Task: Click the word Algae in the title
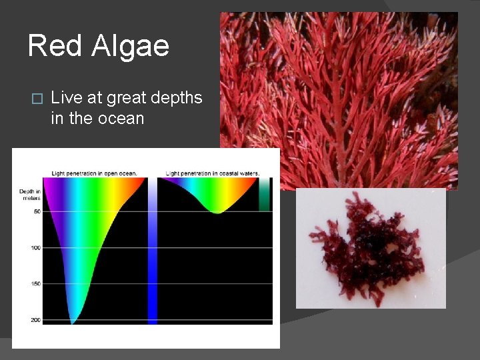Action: point(131,46)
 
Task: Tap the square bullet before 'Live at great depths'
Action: point(37,99)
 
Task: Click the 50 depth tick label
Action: point(36,211)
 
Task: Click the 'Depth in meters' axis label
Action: point(30,195)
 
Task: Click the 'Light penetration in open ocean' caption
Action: point(95,173)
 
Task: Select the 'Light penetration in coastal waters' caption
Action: point(212,173)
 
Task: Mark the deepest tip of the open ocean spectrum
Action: point(73,323)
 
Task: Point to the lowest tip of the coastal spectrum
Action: point(217,212)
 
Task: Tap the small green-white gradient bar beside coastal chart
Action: point(265,195)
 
